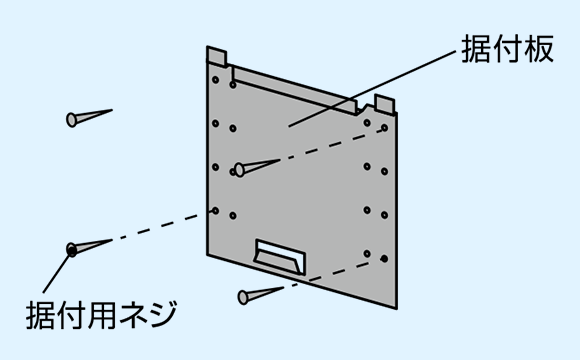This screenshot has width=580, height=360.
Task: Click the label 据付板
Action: click(x=507, y=49)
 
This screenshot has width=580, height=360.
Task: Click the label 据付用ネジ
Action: click(x=101, y=315)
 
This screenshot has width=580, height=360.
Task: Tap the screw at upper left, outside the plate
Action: click(x=89, y=118)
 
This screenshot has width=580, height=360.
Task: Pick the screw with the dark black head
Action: click(x=89, y=248)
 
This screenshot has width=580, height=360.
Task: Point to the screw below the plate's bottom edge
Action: click(x=261, y=295)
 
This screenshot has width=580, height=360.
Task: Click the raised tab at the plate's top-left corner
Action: click(x=216, y=56)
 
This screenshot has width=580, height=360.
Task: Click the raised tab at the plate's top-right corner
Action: click(x=384, y=103)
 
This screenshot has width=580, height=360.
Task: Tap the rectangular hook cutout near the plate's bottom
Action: click(x=280, y=256)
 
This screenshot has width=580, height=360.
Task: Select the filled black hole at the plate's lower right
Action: click(x=384, y=259)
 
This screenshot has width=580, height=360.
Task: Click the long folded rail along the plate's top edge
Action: click(x=294, y=90)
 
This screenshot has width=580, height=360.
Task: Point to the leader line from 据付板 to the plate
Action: click(x=372, y=89)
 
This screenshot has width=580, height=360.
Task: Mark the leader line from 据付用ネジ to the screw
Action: click(x=56, y=274)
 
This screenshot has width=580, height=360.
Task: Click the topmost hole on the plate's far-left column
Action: click(x=215, y=80)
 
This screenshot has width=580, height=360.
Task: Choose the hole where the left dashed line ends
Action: click(x=215, y=211)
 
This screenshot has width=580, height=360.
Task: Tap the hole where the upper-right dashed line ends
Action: click(x=384, y=128)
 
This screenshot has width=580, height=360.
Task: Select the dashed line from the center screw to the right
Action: click(x=330, y=144)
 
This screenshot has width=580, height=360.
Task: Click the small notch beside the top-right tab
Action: click(x=366, y=108)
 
